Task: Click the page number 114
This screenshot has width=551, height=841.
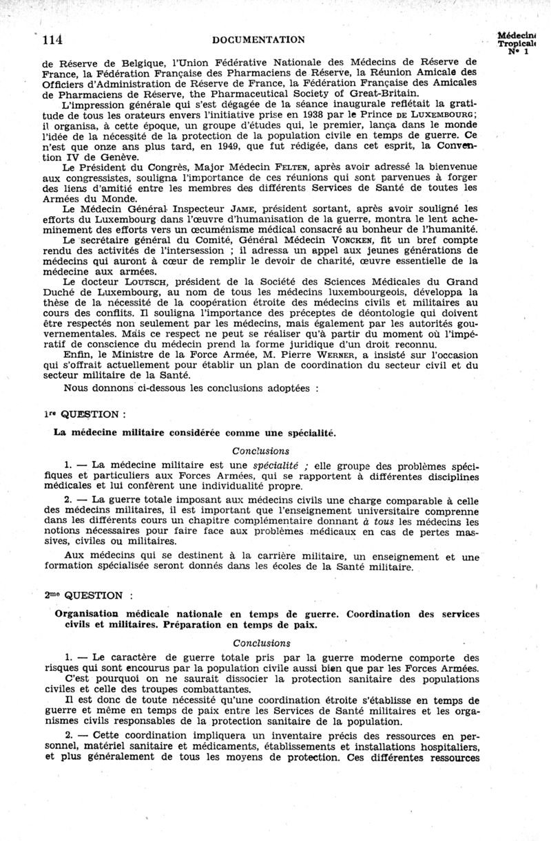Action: (54, 40)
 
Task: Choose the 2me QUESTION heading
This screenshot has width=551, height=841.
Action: (83, 593)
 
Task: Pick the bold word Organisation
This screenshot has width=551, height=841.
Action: (88, 613)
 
